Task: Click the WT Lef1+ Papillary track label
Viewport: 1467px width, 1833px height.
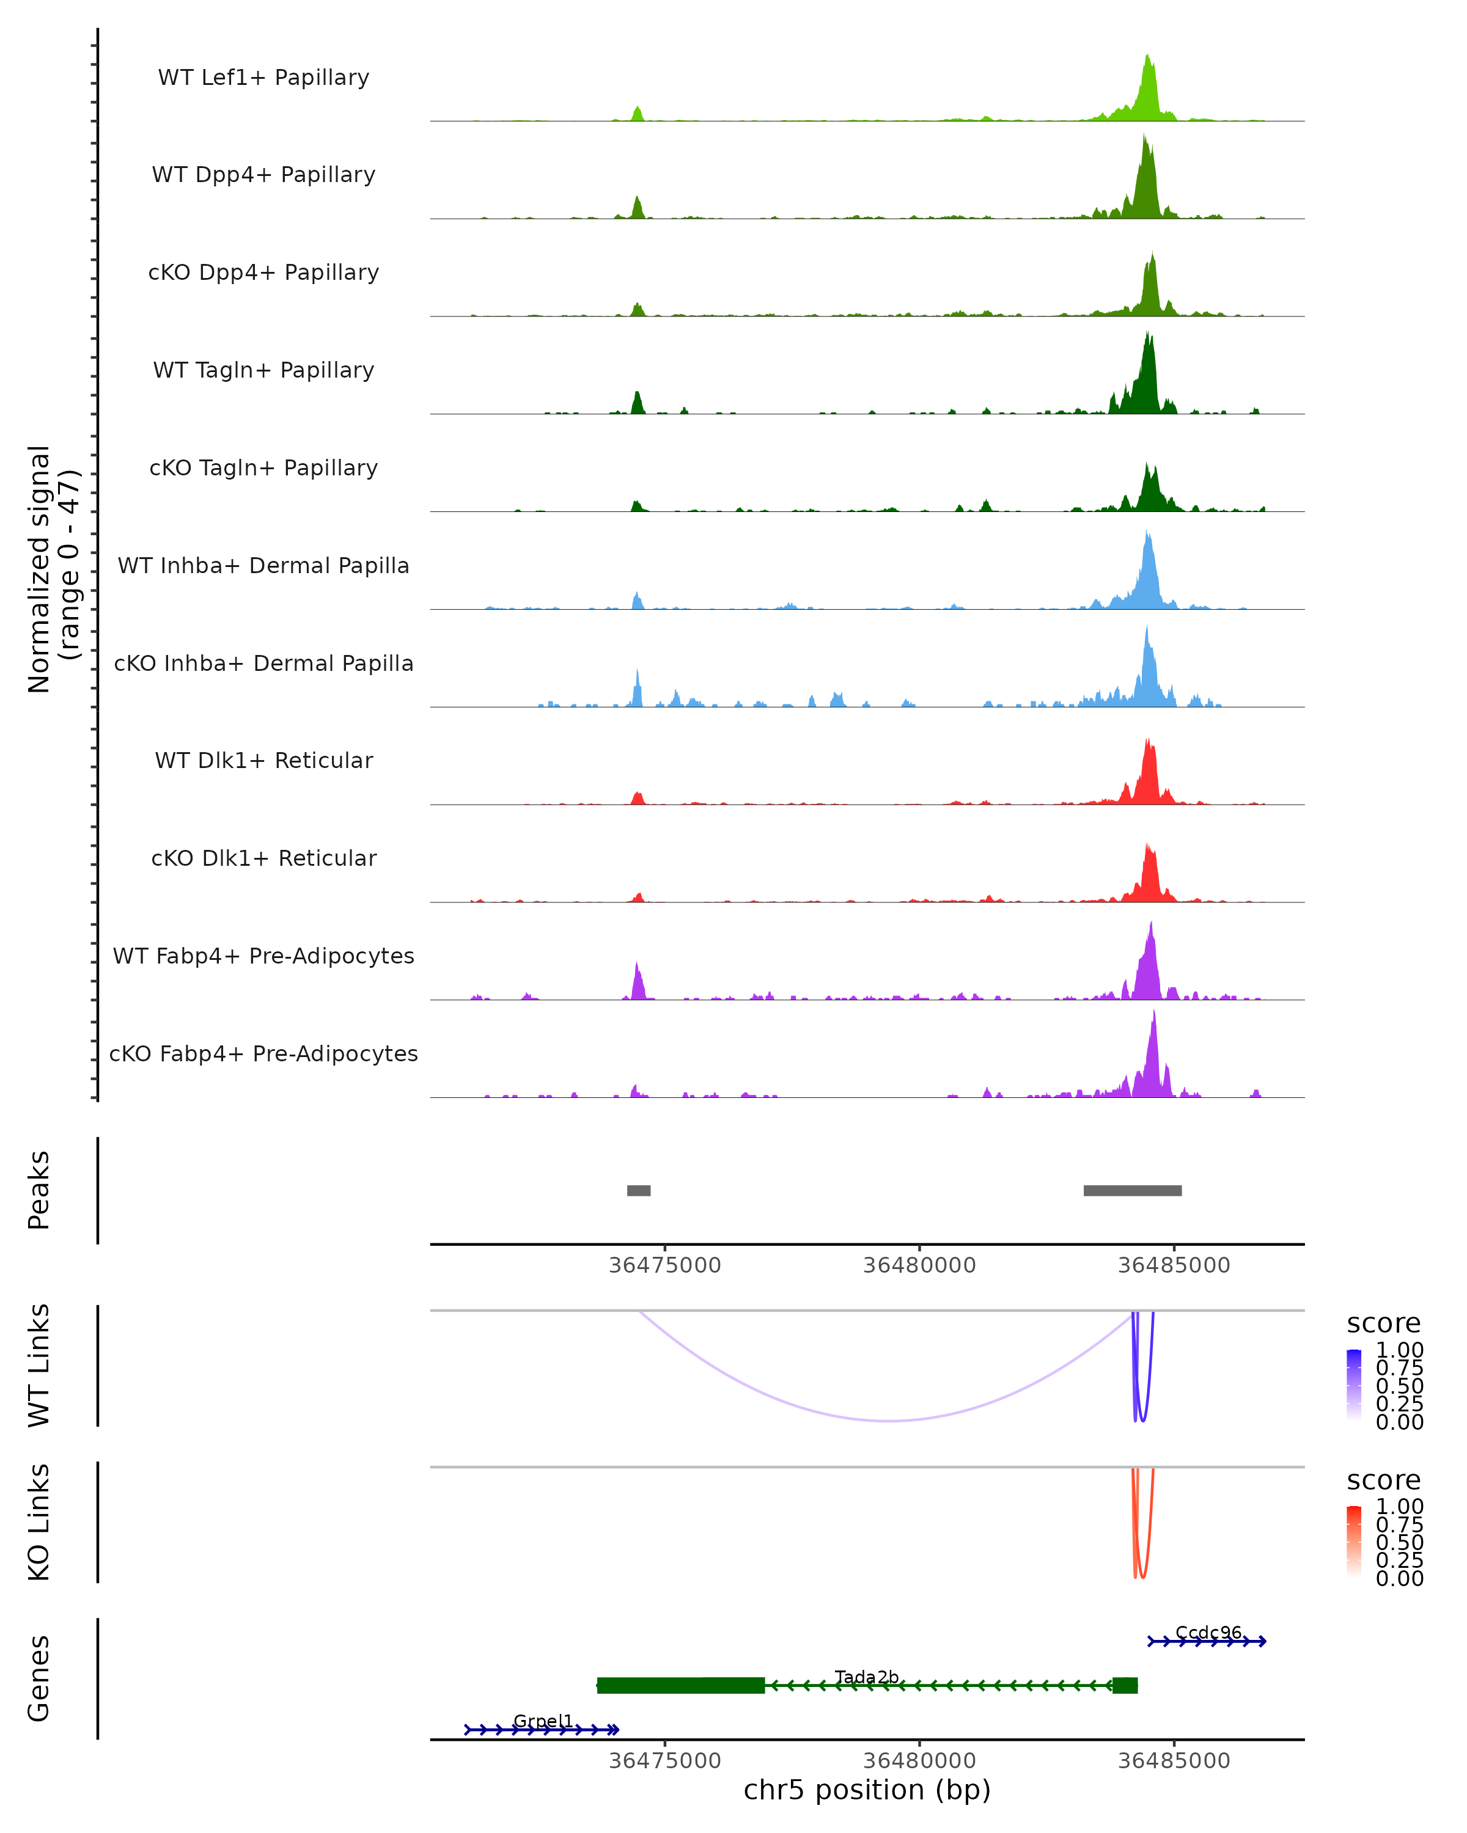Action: [263, 78]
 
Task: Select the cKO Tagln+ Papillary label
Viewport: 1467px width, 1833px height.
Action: [263, 469]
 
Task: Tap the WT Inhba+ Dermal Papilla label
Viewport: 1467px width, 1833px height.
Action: [263, 566]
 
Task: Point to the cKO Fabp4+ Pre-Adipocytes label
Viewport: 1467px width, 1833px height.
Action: [263, 1054]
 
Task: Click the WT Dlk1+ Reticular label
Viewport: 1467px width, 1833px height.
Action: [263, 761]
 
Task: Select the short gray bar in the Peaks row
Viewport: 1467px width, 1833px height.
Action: [639, 1190]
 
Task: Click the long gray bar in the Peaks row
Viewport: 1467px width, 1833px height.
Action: [1132, 1190]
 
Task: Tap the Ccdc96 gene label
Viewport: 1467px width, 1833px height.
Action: [1208, 1633]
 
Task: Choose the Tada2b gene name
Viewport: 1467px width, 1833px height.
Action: [867, 1677]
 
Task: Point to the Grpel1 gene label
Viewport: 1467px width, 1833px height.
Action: [543, 1721]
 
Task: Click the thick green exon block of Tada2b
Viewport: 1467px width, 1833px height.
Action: [680, 1685]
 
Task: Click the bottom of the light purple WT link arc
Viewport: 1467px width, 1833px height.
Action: [889, 1420]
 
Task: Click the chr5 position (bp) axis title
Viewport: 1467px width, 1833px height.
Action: [867, 1790]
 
